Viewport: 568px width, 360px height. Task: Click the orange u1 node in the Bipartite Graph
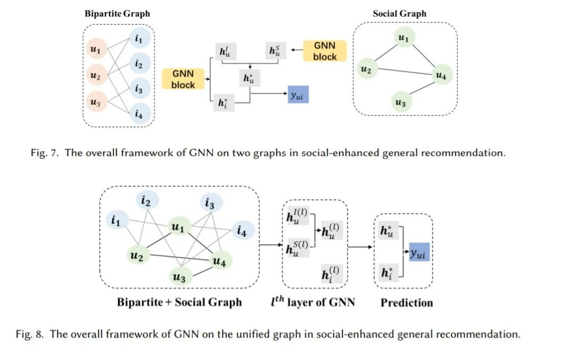tap(96, 49)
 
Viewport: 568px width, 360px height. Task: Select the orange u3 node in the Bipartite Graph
tap(96, 101)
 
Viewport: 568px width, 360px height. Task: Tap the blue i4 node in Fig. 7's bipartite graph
tap(139, 114)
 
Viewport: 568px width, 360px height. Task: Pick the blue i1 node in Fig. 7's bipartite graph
tap(139, 38)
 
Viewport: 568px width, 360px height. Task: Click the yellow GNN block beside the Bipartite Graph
tap(183, 79)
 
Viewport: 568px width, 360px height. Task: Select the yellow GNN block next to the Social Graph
tap(324, 51)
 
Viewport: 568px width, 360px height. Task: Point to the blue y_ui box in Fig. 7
tap(298, 95)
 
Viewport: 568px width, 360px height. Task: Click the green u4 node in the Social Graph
tap(441, 75)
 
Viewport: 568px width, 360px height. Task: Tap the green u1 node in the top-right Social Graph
tap(403, 37)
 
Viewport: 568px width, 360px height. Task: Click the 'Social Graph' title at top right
tap(400, 14)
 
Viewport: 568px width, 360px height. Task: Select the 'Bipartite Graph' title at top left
tap(117, 14)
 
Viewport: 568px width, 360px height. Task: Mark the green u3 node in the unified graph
tap(180, 277)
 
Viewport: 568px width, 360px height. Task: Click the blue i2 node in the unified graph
tap(147, 200)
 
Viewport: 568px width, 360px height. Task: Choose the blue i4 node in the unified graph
tap(242, 230)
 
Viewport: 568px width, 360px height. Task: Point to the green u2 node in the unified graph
tap(138, 255)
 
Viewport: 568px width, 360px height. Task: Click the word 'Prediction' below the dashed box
tap(407, 303)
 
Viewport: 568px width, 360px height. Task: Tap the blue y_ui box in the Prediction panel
tap(419, 252)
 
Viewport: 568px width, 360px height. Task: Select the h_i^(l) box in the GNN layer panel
tap(331, 274)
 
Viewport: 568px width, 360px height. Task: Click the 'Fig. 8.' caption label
tap(29, 334)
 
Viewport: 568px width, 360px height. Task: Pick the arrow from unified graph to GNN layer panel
tap(271, 245)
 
